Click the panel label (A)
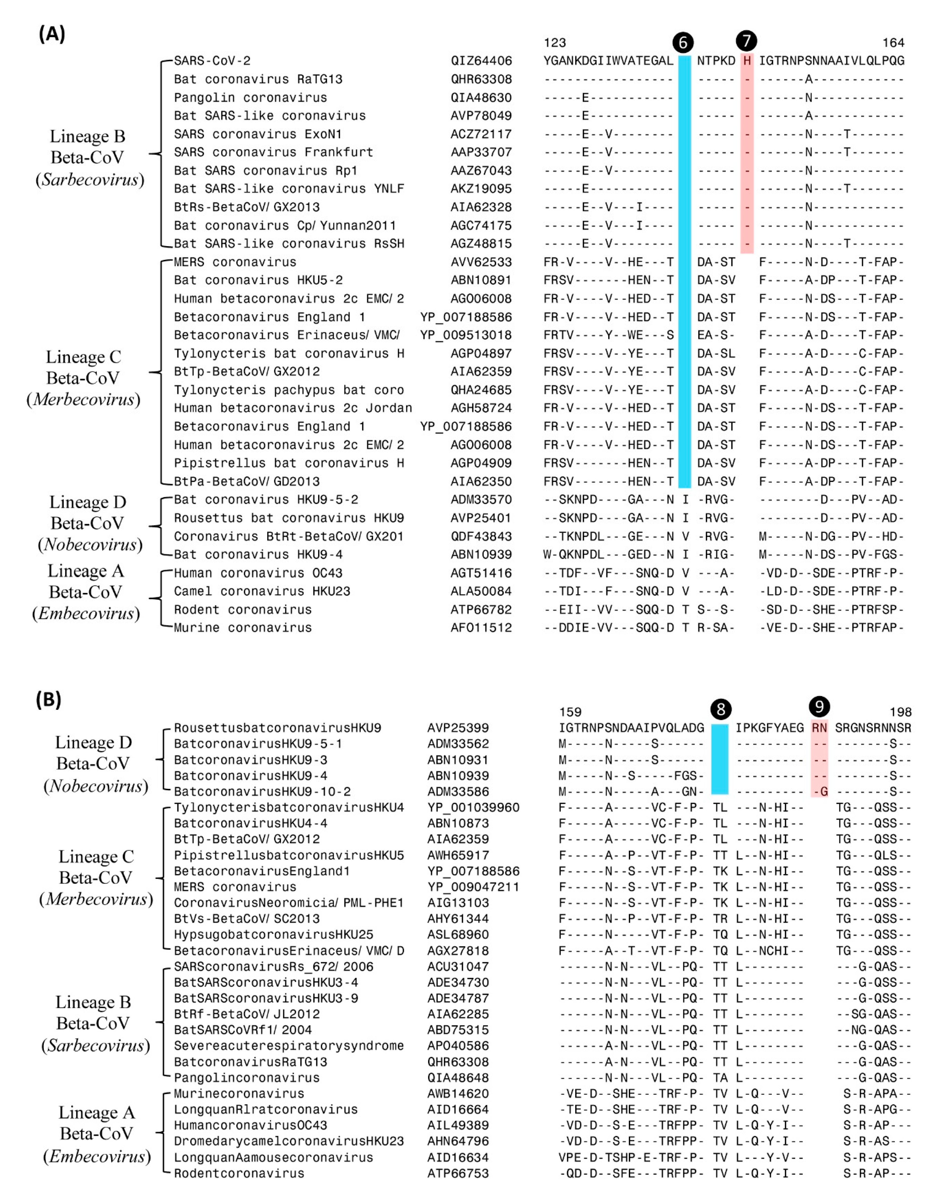click(x=52, y=34)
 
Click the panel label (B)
click(x=49, y=700)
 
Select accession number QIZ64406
click(x=481, y=61)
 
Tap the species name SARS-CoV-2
click(x=212, y=61)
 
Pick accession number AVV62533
click(x=481, y=262)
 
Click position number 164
click(x=893, y=43)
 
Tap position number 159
click(x=570, y=712)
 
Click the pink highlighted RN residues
click(x=819, y=728)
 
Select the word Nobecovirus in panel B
click(x=96, y=786)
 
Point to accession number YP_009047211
click(x=473, y=887)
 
